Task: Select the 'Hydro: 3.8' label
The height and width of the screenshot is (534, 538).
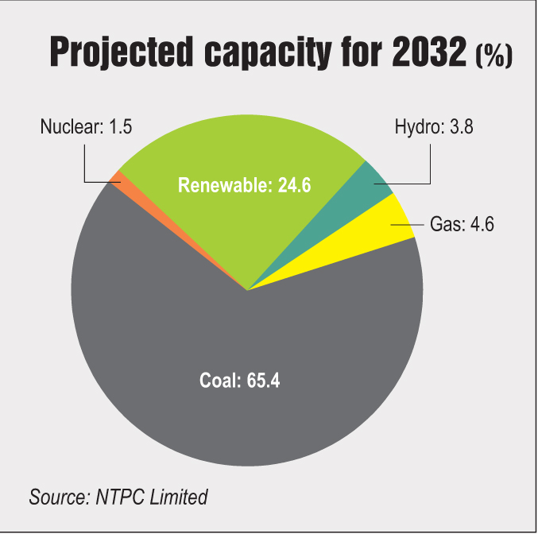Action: click(434, 127)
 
